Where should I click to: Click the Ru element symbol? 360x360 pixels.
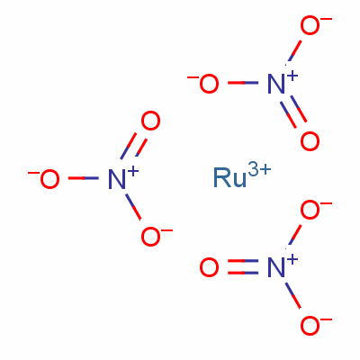point(229,178)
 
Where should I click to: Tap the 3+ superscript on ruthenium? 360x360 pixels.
point(260,170)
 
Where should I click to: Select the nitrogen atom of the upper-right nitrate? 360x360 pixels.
point(276,84)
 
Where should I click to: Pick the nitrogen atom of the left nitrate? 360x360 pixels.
point(117,179)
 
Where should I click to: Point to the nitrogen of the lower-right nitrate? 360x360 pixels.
point(276,267)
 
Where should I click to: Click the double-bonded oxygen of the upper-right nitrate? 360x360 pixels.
point(310,141)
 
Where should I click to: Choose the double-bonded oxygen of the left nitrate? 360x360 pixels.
point(150,121)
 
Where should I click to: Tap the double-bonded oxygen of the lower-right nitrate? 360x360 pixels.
point(209,267)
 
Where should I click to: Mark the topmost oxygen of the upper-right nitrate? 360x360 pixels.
point(310,25)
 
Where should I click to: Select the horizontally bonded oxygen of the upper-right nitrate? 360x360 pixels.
point(209,84)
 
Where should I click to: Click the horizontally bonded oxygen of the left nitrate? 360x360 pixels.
point(49,179)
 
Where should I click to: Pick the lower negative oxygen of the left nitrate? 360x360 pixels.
point(150,237)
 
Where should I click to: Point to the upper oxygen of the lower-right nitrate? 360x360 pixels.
point(310,210)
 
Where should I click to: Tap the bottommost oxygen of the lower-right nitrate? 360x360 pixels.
point(310,326)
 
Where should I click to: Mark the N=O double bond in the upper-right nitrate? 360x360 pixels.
point(293,112)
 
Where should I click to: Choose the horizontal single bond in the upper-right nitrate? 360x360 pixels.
point(243,83)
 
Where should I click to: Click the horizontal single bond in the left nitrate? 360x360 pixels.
point(84,178)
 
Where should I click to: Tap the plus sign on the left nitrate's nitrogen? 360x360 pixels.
point(133,171)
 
